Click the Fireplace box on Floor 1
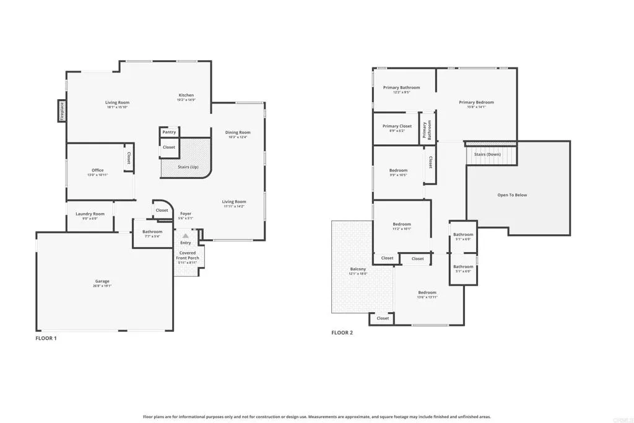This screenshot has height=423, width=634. (62, 111)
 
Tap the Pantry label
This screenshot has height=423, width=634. (169, 132)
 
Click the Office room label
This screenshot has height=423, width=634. (97, 170)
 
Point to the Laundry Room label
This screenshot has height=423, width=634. (90, 214)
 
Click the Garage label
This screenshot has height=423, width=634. (102, 281)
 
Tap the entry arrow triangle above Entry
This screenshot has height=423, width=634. (185, 236)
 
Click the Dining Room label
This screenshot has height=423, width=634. (238, 133)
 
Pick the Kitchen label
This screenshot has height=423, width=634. (186, 95)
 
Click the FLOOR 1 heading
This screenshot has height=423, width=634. (46, 338)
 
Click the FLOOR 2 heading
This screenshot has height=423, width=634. (342, 333)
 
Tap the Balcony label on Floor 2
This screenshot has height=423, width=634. (358, 269)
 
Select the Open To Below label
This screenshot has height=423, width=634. (512, 195)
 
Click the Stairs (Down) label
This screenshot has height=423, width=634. (487, 154)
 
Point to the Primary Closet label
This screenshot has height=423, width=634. (397, 126)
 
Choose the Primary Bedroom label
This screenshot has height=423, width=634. (476, 102)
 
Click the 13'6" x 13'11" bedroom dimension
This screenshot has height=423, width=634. (427, 297)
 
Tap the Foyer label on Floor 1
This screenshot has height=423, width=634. (186, 214)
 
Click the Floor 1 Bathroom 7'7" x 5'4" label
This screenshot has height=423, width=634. (152, 232)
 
